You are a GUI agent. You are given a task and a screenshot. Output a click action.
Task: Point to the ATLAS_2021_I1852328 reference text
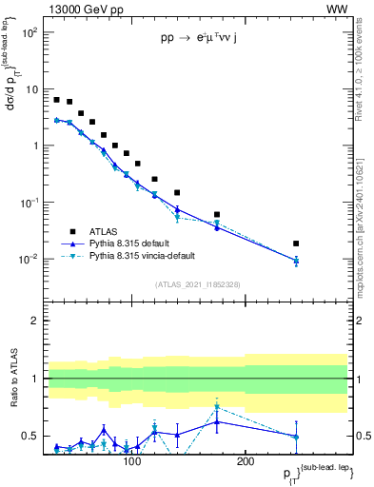click(x=197, y=284)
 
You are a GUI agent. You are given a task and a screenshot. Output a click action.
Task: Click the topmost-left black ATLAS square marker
click(x=57, y=100)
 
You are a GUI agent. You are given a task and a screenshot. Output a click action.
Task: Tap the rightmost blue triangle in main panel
click(x=296, y=260)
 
